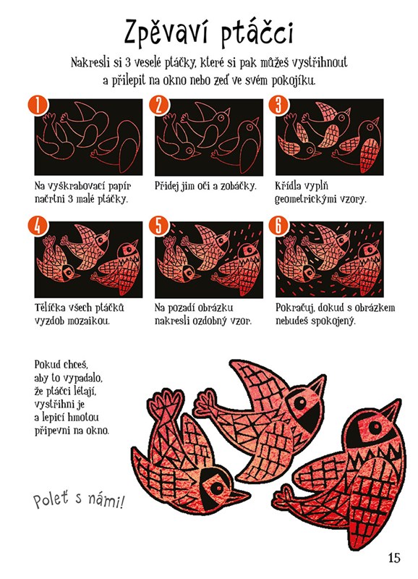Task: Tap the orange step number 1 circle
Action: (x=38, y=105)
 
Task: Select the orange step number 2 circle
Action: (x=158, y=105)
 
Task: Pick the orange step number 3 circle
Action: (x=278, y=105)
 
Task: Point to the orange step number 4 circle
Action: (x=38, y=227)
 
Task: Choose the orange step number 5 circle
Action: (x=158, y=227)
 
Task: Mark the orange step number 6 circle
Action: (x=278, y=227)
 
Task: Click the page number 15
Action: (x=394, y=557)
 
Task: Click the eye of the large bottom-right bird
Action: (x=375, y=428)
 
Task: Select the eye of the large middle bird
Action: (x=300, y=403)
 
